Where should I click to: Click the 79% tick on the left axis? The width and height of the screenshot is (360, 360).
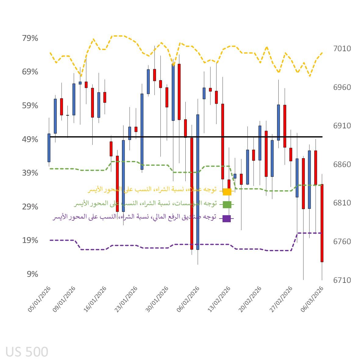[x=30, y=38]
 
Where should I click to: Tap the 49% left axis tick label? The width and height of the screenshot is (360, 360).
[x=30, y=140]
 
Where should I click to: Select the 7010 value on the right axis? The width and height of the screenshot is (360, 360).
[x=342, y=48]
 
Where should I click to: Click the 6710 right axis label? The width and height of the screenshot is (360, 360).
[x=342, y=280]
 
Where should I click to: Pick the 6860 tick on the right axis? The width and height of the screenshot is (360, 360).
[x=342, y=164]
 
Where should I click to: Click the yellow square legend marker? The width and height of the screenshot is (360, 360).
[x=227, y=192]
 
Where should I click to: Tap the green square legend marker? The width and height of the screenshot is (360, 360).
[x=227, y=205]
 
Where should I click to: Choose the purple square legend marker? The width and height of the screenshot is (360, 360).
[x=226, y=219]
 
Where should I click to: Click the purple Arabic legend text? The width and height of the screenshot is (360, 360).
[x=134, y=217]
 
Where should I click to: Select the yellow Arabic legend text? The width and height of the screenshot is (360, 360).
[x=152, y=190]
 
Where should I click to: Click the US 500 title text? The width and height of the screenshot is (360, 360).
[x=27, y=352]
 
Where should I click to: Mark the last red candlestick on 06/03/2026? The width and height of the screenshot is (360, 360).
[x=322, y=223]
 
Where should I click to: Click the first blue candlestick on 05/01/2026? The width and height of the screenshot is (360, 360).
[x=49, y=148]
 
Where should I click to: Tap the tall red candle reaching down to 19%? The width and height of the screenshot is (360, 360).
[x=191, y=194]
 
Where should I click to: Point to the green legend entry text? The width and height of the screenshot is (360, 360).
[x=145, y=203]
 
